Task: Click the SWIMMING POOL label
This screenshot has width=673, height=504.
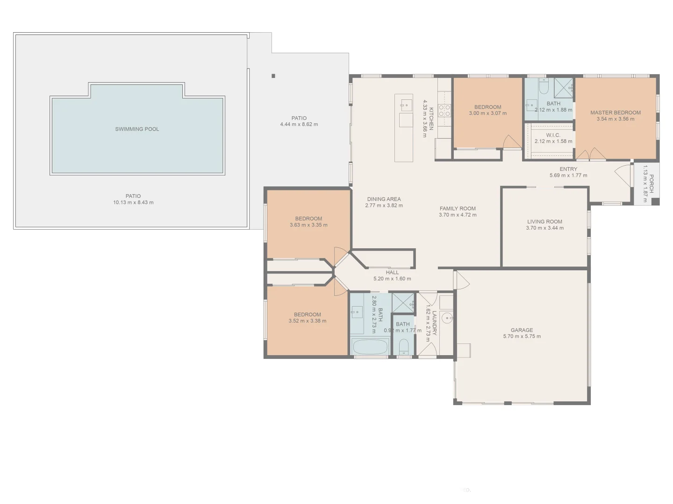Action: (x=137, y=129)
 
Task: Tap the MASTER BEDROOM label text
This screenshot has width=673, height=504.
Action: (x=615, y=112)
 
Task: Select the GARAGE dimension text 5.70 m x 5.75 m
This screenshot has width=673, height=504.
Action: (x=522, y=336)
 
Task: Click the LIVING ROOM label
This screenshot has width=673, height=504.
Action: (x=544, y=222)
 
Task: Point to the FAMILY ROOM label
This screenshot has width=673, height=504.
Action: (x=458, y=209)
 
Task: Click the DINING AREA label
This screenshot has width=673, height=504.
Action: (x=384, y=199)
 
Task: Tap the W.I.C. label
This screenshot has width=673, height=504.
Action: (x=553, y=135)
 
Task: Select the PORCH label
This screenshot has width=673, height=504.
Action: (x=651, y=184)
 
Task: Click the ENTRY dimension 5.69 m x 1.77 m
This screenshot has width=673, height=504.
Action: (x=568, y=175)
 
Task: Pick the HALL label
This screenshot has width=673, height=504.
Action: (x=392, y=273)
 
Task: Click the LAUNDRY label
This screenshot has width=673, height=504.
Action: (x=434, y=323)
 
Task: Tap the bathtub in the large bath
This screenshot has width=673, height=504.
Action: (x=370, y=347)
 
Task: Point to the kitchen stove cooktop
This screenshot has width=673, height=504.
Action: (x=444, y=110)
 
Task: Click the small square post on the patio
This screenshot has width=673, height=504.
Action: (x=273, y=76)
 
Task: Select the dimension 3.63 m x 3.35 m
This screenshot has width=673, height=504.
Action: (x=308, y=225)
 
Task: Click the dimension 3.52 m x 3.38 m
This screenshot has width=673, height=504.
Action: (x=307, y=321)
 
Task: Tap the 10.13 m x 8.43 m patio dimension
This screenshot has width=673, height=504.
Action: (x=133, y=203)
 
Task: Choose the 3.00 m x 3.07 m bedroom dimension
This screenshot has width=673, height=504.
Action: (x=487, y=113)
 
